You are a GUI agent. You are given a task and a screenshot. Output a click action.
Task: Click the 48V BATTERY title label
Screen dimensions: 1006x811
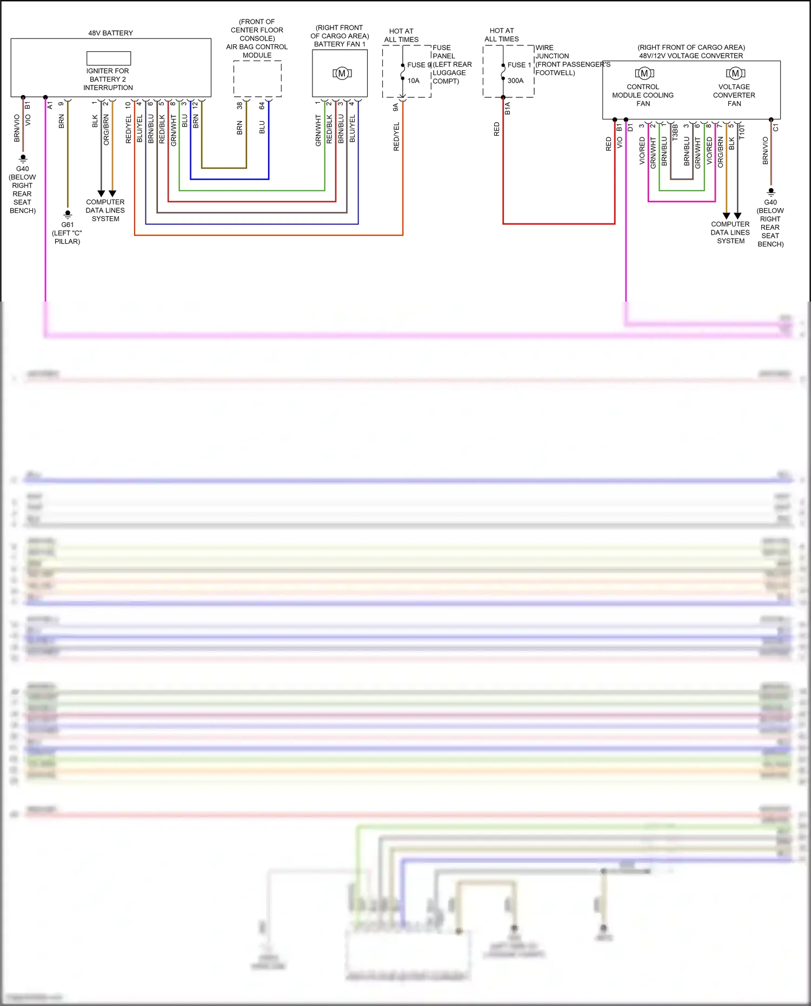coord(110,33)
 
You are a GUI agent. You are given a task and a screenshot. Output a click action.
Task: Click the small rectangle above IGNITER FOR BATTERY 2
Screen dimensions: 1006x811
coord(109,58)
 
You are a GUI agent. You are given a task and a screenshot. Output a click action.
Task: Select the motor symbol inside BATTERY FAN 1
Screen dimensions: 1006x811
coord(342,74)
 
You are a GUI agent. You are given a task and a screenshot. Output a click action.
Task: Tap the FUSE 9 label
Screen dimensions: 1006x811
coord(418,65)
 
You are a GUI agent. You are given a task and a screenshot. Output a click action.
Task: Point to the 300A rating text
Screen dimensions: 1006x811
coord(515,81)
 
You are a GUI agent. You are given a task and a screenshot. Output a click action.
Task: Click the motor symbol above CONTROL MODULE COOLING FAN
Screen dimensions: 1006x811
coord(644,73)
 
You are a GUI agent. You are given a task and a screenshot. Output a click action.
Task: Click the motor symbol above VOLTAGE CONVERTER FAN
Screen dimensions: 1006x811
coord(735,73)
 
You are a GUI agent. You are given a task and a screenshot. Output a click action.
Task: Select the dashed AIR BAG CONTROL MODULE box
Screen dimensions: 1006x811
coord(257,79)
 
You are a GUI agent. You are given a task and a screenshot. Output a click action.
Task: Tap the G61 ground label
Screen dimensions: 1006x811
coord(67,225)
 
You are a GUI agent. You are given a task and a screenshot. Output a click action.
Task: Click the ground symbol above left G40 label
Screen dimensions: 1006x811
coord(23,159)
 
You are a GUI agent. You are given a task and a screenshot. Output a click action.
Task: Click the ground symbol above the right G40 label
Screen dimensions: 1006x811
coord(771,192)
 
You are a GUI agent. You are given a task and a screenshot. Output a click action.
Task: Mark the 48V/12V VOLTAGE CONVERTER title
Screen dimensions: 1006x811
coord(690,56)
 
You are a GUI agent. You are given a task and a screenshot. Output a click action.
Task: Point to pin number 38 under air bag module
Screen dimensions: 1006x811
coord(240,106)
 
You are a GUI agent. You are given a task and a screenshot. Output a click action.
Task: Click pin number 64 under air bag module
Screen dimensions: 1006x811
coord(262,106)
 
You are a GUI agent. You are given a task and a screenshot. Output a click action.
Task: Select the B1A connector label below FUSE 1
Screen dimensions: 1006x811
coord(508,108)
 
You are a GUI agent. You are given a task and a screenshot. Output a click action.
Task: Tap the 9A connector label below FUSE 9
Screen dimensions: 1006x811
coord(396,108)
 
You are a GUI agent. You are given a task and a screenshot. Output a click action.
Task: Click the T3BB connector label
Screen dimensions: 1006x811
coord(675,132)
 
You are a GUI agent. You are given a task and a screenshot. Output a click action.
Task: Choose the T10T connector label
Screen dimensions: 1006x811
coord(742,132)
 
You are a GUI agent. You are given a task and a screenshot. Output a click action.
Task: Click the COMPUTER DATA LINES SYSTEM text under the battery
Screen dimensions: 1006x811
coord(105,210)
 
